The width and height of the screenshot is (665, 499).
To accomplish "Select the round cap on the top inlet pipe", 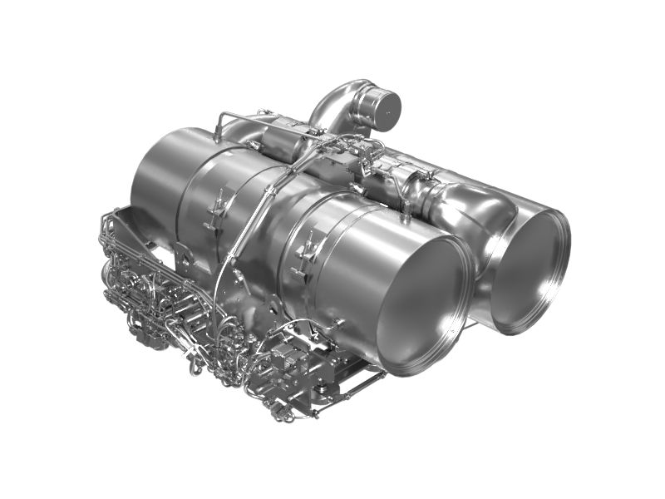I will click(x=384, y=106).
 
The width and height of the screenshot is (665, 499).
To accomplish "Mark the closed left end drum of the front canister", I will click(x=158, y=191).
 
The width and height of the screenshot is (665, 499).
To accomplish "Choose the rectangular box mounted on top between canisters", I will click(x=287, y=146).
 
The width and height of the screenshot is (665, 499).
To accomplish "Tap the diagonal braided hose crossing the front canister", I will click(x=249, y=225).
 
